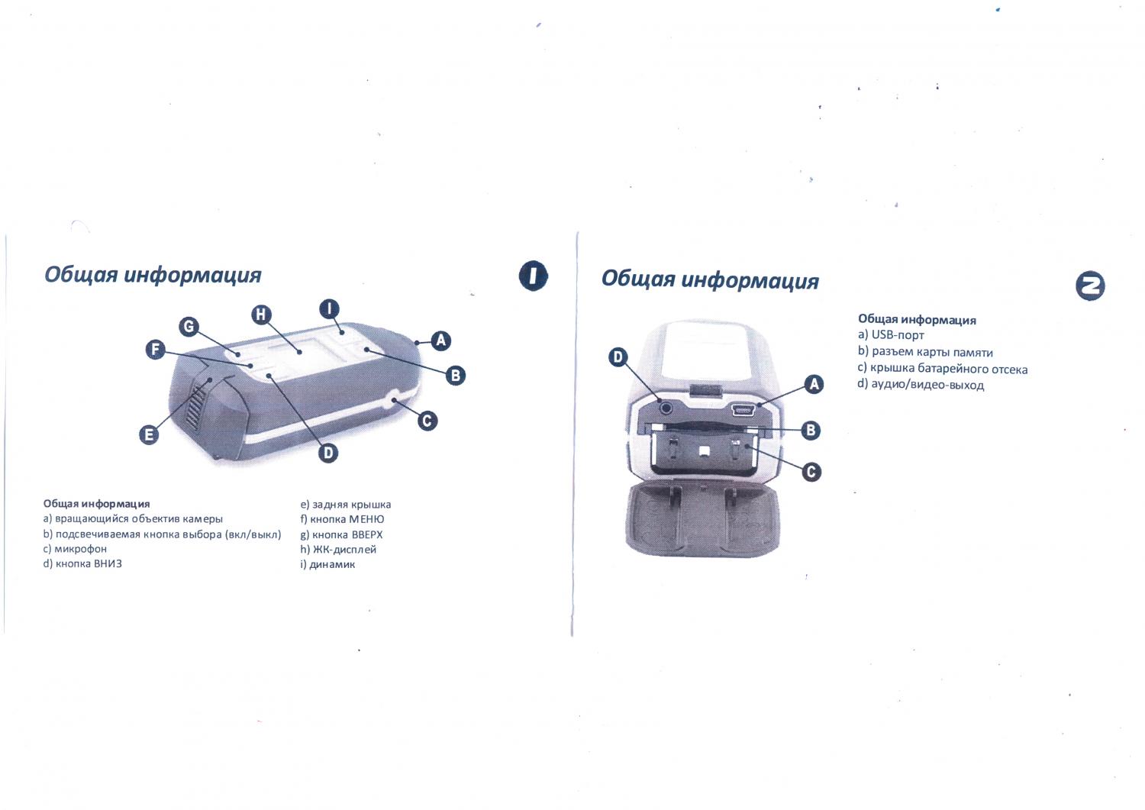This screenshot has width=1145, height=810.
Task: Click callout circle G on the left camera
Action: (x=189, y=326)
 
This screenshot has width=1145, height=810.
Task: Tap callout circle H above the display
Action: (x=261, y=315)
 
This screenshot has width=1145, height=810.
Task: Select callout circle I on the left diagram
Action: (x=329, y=309)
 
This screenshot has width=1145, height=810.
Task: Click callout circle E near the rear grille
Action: (x=149, y=434)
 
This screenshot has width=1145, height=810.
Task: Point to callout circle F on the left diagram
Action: (x=156, y=350)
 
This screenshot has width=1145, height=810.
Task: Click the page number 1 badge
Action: (x=533, y=276)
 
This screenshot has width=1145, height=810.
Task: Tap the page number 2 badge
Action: (x=1090, y=286)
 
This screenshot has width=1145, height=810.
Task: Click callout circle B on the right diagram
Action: (x=811, y=431)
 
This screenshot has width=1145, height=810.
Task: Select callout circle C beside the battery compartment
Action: (x=811, y=472)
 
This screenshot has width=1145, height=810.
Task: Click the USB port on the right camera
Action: (x=743, y=410)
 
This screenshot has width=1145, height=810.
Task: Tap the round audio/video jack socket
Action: (x=666, y=408)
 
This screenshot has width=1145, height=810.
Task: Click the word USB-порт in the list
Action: (x=898, y=335)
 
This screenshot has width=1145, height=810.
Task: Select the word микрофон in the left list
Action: (x=80, y=549)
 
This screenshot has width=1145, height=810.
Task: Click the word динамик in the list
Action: (x=332, y=564)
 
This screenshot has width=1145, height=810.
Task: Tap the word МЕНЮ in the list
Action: (x=366, y=519)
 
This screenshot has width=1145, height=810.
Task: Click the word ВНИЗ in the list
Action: (x=108, y=563)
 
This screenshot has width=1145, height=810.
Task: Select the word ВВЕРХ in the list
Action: (x=367, y=534)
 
